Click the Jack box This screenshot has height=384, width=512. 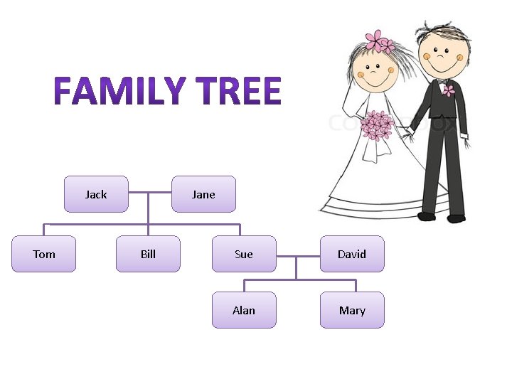coord(96,194)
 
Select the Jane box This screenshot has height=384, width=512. coord(203,194)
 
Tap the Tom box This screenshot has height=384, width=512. coord(43,254)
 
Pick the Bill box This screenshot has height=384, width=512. coord(148,254)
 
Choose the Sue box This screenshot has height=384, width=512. coord(244,254)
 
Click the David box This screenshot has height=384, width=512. coord(352,254)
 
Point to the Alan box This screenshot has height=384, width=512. coord(244,310)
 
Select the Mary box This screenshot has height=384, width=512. coord(352,310)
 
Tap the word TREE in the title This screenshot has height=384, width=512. coord(238,92)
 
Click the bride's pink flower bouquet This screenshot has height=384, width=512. coord(376,125)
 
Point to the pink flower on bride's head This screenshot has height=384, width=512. coord(378,41)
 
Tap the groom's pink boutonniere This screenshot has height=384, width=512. coord(448,90)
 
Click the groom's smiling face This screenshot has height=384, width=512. coord(441,55)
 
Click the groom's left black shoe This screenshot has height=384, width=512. coord(427,215)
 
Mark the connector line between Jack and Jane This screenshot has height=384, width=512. coord(150,193)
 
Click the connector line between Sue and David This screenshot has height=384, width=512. coord(297,255)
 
